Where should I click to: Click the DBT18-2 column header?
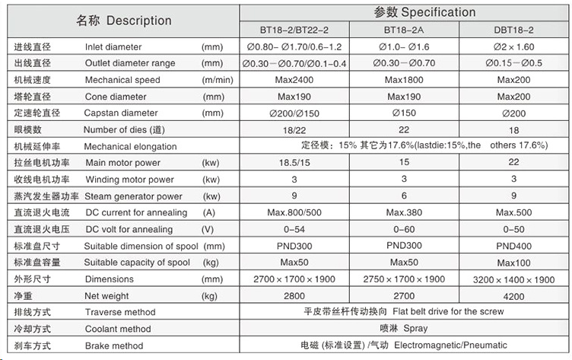coord(513,30)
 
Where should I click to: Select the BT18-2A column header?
coord(404,30)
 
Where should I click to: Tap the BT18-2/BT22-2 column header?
coord(294,30)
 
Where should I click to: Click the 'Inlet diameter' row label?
coord(113,47)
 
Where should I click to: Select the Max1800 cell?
coord(404,80)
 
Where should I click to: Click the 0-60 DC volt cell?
coord(404,229)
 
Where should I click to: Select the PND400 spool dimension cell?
coord(513,246)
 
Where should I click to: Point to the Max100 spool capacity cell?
coord(513,263)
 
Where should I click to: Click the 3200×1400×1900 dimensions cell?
coord(513,279)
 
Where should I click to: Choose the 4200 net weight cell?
coord(513,295)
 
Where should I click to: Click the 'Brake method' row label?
coord(114,346)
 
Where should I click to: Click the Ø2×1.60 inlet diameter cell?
coord(513,47)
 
